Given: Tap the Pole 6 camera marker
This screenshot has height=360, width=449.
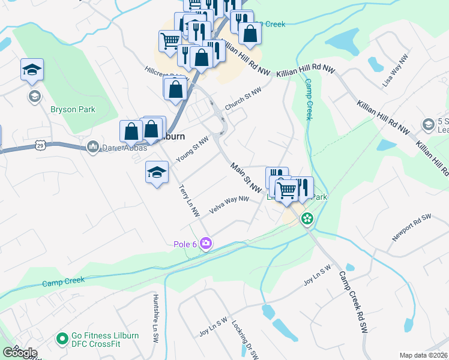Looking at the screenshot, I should pos(206,243).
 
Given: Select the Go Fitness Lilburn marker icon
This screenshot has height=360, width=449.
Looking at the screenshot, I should pos(61,339).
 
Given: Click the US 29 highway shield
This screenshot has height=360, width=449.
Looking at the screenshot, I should pos(40,145).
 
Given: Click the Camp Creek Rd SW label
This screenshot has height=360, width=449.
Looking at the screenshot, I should pos(353,302).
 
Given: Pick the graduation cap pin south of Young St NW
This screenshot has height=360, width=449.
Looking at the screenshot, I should pos(156,173).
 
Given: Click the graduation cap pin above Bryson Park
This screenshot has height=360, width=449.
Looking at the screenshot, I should pos(32,70).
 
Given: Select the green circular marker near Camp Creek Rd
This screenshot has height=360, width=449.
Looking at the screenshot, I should pos(307,218).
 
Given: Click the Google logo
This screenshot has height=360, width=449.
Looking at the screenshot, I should pos(20,352).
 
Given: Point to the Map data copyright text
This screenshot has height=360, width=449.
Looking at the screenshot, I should pos(423,355).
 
